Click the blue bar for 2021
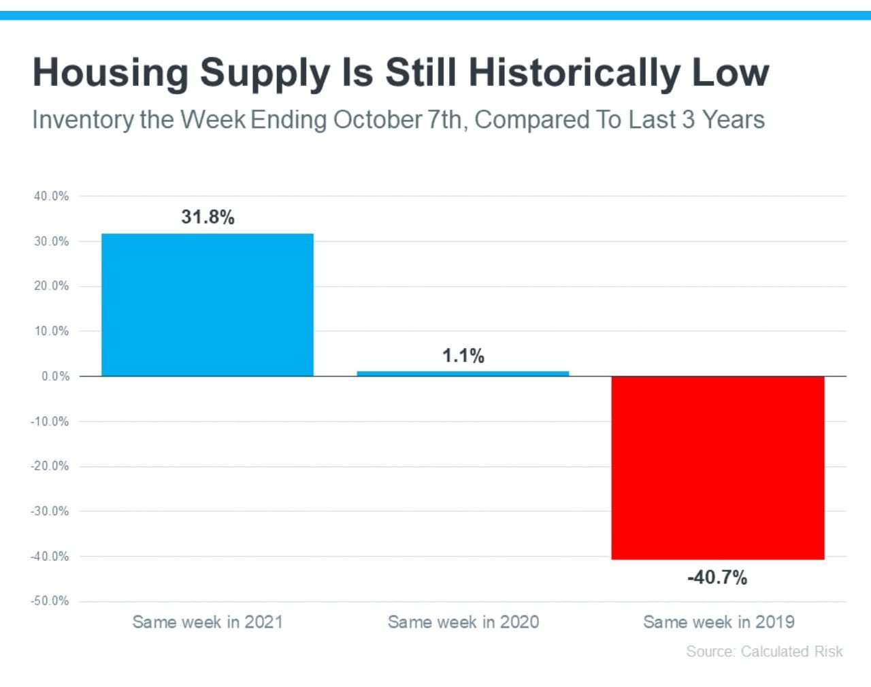pyautogui.click(x=208, y=304)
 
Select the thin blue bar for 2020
pyautogui.click(x=463, y=373)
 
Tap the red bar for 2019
pyautogui.click(x=718, y=468)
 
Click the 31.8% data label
pyautogui.click(x=208, y=217)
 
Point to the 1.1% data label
pyautogui.click(x=463, y=355)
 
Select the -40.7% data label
pyautogui.click(x=717, y=577)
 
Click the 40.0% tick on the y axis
pyautogui.click(x=51, y=196)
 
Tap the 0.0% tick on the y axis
pyautogui.click(x=55, y=376)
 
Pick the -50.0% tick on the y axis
pyautogui.click(x=50, y=601)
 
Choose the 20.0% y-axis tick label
pyautogui.click(x=51, y=286)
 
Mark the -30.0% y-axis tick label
pyautogui.click(x=50, y=511)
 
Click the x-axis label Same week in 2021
pyautogui.click(x=208, y=622)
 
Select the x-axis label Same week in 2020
pyautogui.click(x=463, y=622)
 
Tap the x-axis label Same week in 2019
pyautogui.click(x=719, y=622)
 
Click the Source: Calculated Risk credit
pyautogui.click(x=764, y=652)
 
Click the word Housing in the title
pyautogui.click(x=110, y=72)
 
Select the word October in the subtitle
pyautogui.click(x=378, y=120)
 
